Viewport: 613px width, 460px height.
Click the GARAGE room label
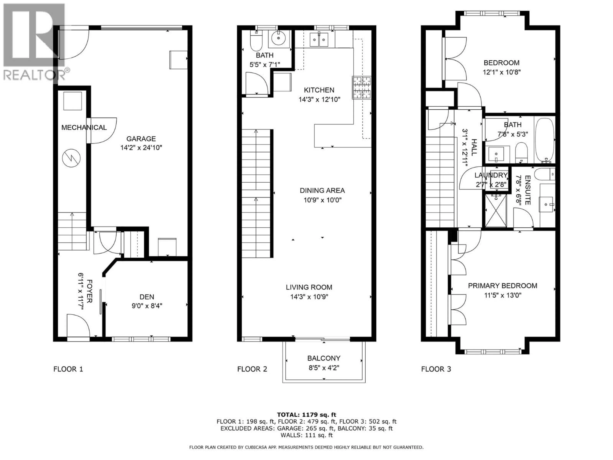(x=141, y=139)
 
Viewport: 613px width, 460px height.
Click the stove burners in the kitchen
(x=362, y=88)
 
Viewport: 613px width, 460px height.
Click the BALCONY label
(x=324, y=358)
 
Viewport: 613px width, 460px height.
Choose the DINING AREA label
(x=322, y=191)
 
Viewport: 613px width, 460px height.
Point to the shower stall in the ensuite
(x=496, y=211)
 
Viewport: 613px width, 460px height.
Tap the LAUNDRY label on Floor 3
(x=491, y=175)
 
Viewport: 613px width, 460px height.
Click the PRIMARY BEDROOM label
(x=502, y=286)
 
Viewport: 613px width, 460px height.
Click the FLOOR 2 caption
(x=252, y=369)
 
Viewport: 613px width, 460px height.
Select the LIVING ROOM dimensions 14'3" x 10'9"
(x=309, y=297)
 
